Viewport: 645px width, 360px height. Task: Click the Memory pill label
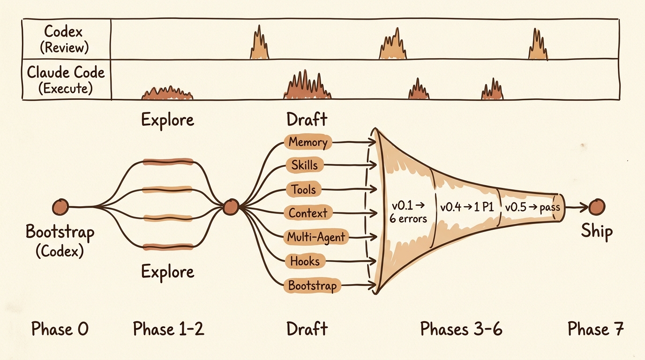[308, 142]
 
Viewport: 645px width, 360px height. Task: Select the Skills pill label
[304, 165]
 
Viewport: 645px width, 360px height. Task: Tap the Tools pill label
[304, 190]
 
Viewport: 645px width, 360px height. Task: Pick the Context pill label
[308, 213]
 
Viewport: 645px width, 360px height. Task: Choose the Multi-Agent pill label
[316, 237]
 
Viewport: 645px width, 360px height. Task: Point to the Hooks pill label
[305, 261]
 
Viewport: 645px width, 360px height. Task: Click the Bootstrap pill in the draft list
[312, 285]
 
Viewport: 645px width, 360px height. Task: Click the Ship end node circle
[597, 206]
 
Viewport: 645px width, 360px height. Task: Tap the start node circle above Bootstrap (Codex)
[60, 206]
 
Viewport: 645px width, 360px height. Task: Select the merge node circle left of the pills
[231, 206]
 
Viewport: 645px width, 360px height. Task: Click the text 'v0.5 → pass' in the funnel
[532, 207]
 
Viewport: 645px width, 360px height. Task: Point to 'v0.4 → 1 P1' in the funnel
[466, 207]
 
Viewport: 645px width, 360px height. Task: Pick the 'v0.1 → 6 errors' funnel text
[408, 212]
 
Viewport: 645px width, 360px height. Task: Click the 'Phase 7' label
[595, 329]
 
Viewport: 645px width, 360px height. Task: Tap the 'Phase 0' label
[60, 329]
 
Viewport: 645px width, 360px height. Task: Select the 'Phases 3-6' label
[461, 329]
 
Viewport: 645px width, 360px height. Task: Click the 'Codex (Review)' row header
[67, 39]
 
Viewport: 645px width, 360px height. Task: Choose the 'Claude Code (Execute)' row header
[66, 80]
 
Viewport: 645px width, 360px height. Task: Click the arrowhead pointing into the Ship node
[585, 206]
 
